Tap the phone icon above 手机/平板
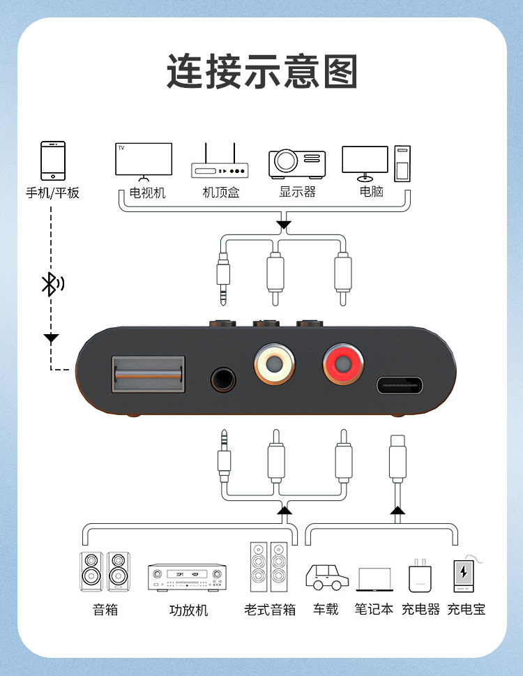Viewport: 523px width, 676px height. [53, 161]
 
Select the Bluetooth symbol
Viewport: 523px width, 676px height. [51, 283]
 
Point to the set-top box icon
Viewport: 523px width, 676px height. [220, 165]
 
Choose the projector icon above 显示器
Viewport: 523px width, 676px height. [297, 163]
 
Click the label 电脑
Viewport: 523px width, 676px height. [372, 192]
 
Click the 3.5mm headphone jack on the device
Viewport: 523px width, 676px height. [224, 380]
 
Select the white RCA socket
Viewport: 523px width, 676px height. [273, 363]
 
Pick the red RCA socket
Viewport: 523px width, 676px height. [342, 363]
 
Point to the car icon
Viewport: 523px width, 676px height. [327, 577]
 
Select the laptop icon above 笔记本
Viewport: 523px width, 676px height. [374, 580]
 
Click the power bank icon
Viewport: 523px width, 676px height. [464, 575]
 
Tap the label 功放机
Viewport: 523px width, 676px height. [188, 610]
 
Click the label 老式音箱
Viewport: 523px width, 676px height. [270, 610]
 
